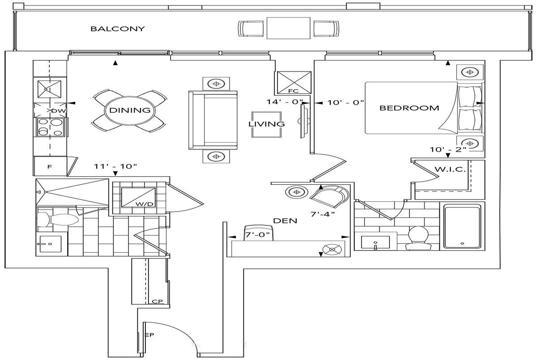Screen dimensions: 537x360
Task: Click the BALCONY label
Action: coord(117,29)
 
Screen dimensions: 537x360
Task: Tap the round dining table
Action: coord(130,110)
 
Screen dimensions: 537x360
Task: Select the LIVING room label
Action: coord(266,124)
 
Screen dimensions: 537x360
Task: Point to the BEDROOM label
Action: coord(409,108)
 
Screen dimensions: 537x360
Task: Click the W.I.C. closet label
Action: coord(450,169)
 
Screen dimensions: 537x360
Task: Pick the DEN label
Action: coord(285,220)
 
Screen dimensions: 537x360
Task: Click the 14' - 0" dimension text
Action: coord(285,102)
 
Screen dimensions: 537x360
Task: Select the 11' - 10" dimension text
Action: coord(115,166)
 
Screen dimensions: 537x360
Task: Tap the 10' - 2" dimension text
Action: coord(448,149)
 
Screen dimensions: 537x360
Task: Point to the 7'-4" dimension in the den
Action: coord(323,214)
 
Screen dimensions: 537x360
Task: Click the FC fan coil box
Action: coord(294,83)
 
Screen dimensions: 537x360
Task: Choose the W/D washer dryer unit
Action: coord(138,198)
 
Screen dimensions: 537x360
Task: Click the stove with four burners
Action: coord(50,127)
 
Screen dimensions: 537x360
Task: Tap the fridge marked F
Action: coord(50,166)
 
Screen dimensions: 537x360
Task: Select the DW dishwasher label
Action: coord(58,111)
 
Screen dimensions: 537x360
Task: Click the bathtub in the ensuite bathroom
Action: coord(462,226)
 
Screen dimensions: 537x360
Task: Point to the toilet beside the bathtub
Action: coord(418,238)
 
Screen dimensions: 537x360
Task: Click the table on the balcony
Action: coord(288,28)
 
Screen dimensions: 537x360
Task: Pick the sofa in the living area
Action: coord(213,120)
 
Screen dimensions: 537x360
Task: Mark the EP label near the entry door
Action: coord(149,335)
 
